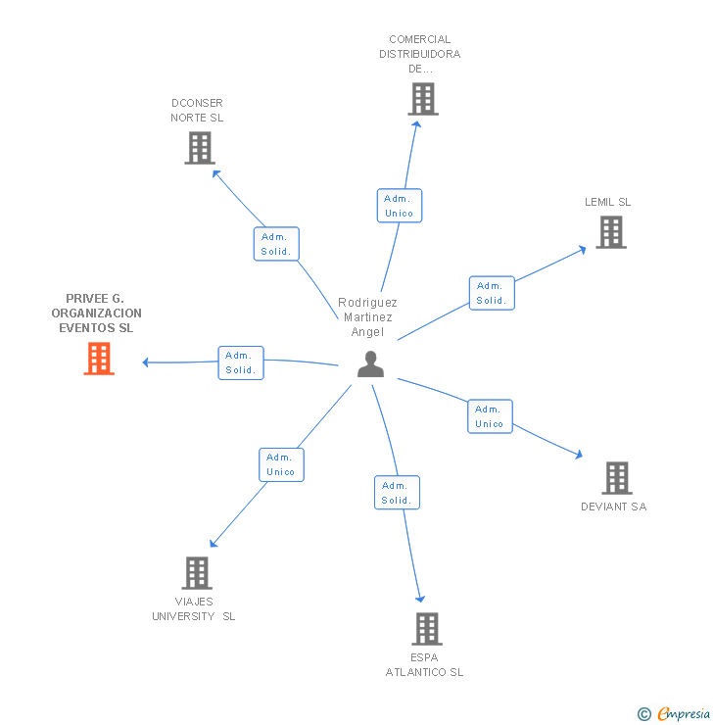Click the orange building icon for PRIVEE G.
(x=98, y=359)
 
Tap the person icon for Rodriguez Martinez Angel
(x=370, y=363)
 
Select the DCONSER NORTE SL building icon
(x=200, y=148)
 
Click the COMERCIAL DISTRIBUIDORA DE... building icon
(x=422, y=99)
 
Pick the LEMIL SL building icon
(x=611, y=232)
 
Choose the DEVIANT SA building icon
(x=616, y=478)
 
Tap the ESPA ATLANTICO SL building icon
(x=426, y=628)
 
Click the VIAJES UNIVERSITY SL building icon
(x=197, y=573)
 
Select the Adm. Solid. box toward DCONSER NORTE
(x=275, y=244)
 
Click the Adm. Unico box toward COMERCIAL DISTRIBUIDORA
(x=399, y=206)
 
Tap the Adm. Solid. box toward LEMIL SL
(x=491, y=293)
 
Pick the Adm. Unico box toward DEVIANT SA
(x=489, y=416)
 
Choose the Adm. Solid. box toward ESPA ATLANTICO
(x=396, y=493)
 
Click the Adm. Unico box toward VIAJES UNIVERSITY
(x=281, y=464)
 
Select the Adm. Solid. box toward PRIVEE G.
(x=240, y=362)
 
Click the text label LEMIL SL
(x=607, y=202)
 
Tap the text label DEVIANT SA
(x=613, y=507)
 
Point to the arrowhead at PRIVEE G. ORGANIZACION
(x=146, y=362)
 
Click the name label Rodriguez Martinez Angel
(x=367, y=317)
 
